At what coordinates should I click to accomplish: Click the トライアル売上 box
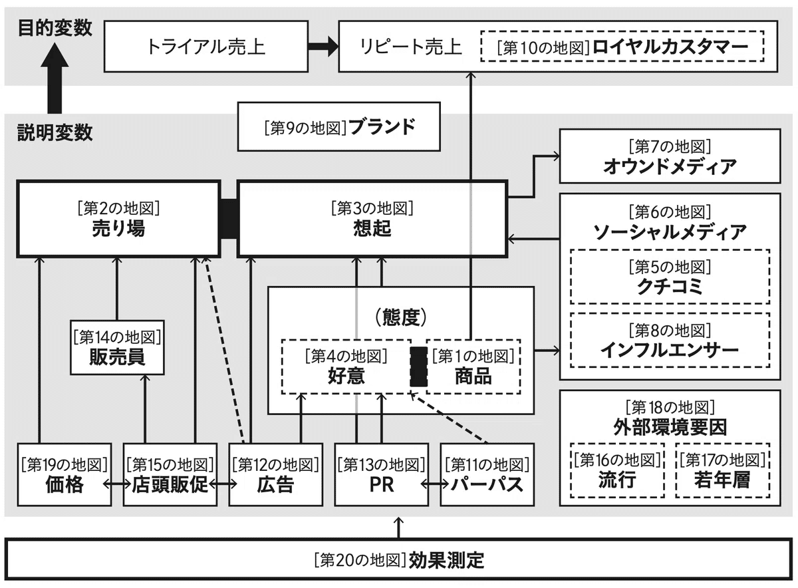coord(206,47)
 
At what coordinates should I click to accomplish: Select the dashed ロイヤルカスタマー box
coord(622,47)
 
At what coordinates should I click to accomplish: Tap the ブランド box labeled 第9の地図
coord(338,126)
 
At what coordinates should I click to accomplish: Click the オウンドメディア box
coord(670,156)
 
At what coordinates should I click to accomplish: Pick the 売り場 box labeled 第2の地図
coord(118,219)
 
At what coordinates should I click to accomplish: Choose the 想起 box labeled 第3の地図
coord(372,219)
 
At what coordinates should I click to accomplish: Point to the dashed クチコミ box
coord(670,277)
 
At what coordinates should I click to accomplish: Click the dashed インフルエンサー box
coord(670,341)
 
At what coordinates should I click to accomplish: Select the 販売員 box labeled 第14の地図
coord(117,347)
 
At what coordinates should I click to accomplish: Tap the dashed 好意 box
coord(346,367)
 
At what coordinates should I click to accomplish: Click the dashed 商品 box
coord(473,367)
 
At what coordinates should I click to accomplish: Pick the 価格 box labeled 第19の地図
coord(65,475)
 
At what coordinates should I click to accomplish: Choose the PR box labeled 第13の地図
coord(382,475)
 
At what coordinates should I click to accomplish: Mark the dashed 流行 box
coord(617,470)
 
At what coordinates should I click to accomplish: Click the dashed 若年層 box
coord(722,470)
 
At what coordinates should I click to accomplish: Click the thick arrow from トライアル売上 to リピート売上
coord(323,47)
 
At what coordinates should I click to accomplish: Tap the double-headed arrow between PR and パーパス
coord(435,484)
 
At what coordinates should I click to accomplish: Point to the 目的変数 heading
coord(55,28)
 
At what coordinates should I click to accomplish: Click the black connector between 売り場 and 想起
coord(229,219)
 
